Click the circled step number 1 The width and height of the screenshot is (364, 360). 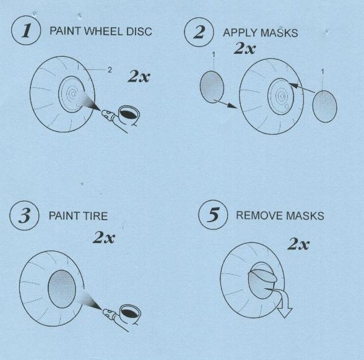point(26,30)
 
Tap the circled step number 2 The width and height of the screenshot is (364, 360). point(199,32)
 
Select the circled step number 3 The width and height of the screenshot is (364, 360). point(24,215)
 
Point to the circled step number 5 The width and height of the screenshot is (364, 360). point(213,215)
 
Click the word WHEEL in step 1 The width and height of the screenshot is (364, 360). point(103,32)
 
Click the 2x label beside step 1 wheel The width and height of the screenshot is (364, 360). point(139,77)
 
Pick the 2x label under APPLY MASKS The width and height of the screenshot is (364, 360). point(245,48)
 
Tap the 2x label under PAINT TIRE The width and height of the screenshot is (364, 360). point(104,238)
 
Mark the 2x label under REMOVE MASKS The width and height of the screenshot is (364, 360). point(298,244)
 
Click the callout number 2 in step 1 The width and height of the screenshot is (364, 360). point(110,69)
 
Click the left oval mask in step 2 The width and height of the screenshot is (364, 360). point(212,87)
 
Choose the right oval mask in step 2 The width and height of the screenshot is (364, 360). point(324,106)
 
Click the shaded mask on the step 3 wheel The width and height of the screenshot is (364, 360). point(62,289)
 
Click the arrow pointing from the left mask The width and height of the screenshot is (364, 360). point(225,104)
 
